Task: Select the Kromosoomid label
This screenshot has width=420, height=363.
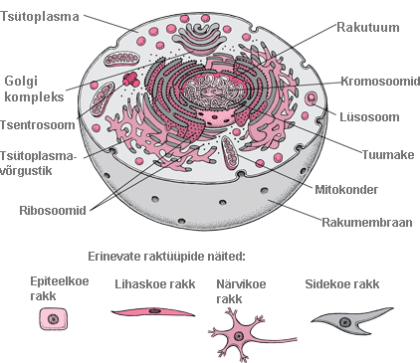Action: pos(378,82)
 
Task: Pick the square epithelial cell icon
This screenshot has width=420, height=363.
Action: pos(51,318)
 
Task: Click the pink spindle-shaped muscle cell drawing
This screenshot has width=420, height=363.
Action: pos(151,312)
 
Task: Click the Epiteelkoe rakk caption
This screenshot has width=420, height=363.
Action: pos(60,288)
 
